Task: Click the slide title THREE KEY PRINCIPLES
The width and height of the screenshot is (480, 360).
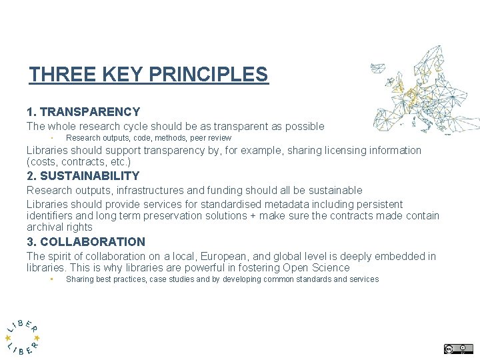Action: point(148,74)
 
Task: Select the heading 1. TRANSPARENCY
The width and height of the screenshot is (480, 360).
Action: point(83,112)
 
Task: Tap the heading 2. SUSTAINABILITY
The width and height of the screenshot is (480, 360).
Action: point(83,176)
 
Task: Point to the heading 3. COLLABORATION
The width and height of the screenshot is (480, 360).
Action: point(85,242)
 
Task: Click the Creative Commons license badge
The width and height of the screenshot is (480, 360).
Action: point(458,349)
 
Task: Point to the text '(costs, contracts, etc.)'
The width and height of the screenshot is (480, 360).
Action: point(79,162)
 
